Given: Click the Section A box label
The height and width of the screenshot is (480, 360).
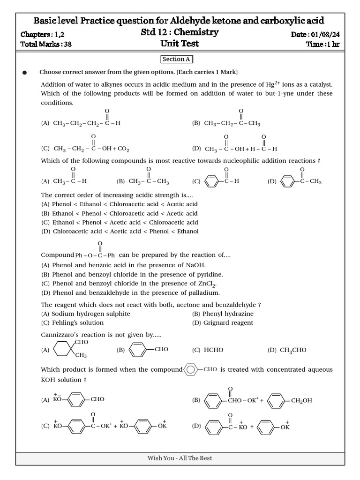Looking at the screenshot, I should coord(176,60).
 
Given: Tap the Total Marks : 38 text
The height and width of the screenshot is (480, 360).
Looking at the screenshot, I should coord(46,45).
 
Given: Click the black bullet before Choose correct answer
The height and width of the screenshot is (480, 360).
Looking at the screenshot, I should coord(25,73).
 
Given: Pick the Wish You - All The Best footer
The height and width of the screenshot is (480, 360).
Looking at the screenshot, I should coord(180,458).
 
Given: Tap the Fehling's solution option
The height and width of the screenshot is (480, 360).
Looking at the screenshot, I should coord(73,322).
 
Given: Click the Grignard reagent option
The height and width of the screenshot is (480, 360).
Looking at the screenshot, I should coord(223,322).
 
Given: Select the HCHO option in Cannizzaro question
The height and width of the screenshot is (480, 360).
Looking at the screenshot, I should coord(206,350).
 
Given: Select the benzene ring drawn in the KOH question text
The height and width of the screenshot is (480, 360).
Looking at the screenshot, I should coord(191,369).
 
